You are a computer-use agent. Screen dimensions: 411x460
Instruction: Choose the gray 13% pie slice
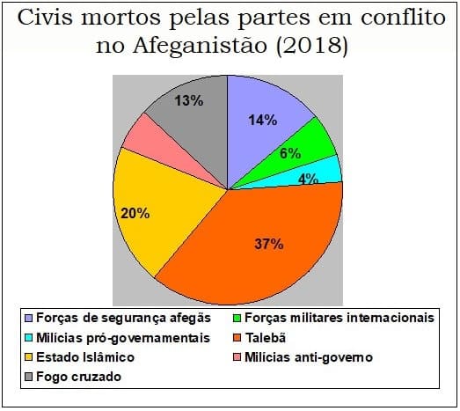(185, 110)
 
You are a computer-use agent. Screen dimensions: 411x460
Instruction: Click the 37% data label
(269, 244)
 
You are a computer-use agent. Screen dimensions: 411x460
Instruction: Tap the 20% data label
(135, 212)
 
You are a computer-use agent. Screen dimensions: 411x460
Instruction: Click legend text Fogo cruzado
(77, 377)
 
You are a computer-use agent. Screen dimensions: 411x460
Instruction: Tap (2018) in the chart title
(311, 46)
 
